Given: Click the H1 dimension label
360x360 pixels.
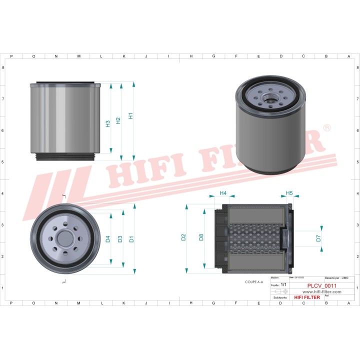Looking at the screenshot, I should tap(130, 116).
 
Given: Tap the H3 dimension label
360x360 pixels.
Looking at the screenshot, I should tap(107, 123).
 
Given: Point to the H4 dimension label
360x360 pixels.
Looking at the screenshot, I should tap(223, 193).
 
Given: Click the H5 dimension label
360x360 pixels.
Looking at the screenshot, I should tap(289, 193).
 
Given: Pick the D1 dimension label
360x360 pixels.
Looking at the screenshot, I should tap(131, 239).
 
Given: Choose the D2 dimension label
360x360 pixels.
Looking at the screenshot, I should tap(183, 237).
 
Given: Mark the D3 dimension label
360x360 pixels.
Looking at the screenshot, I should tap(119, 239).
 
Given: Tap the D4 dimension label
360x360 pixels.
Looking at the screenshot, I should tap(107, 239).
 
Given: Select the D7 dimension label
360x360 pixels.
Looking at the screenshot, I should tap(318, 238).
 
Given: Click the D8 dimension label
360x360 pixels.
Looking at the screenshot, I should tap(201, 237).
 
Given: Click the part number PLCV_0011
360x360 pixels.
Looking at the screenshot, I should tap(321, 286).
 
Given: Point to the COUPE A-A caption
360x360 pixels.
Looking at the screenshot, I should tap(254, 282).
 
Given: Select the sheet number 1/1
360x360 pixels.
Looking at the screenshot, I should tap(283, 284).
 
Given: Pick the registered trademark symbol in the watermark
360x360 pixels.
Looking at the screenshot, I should tap(327, 128).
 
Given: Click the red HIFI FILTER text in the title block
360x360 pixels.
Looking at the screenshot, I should tap(306, 297).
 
